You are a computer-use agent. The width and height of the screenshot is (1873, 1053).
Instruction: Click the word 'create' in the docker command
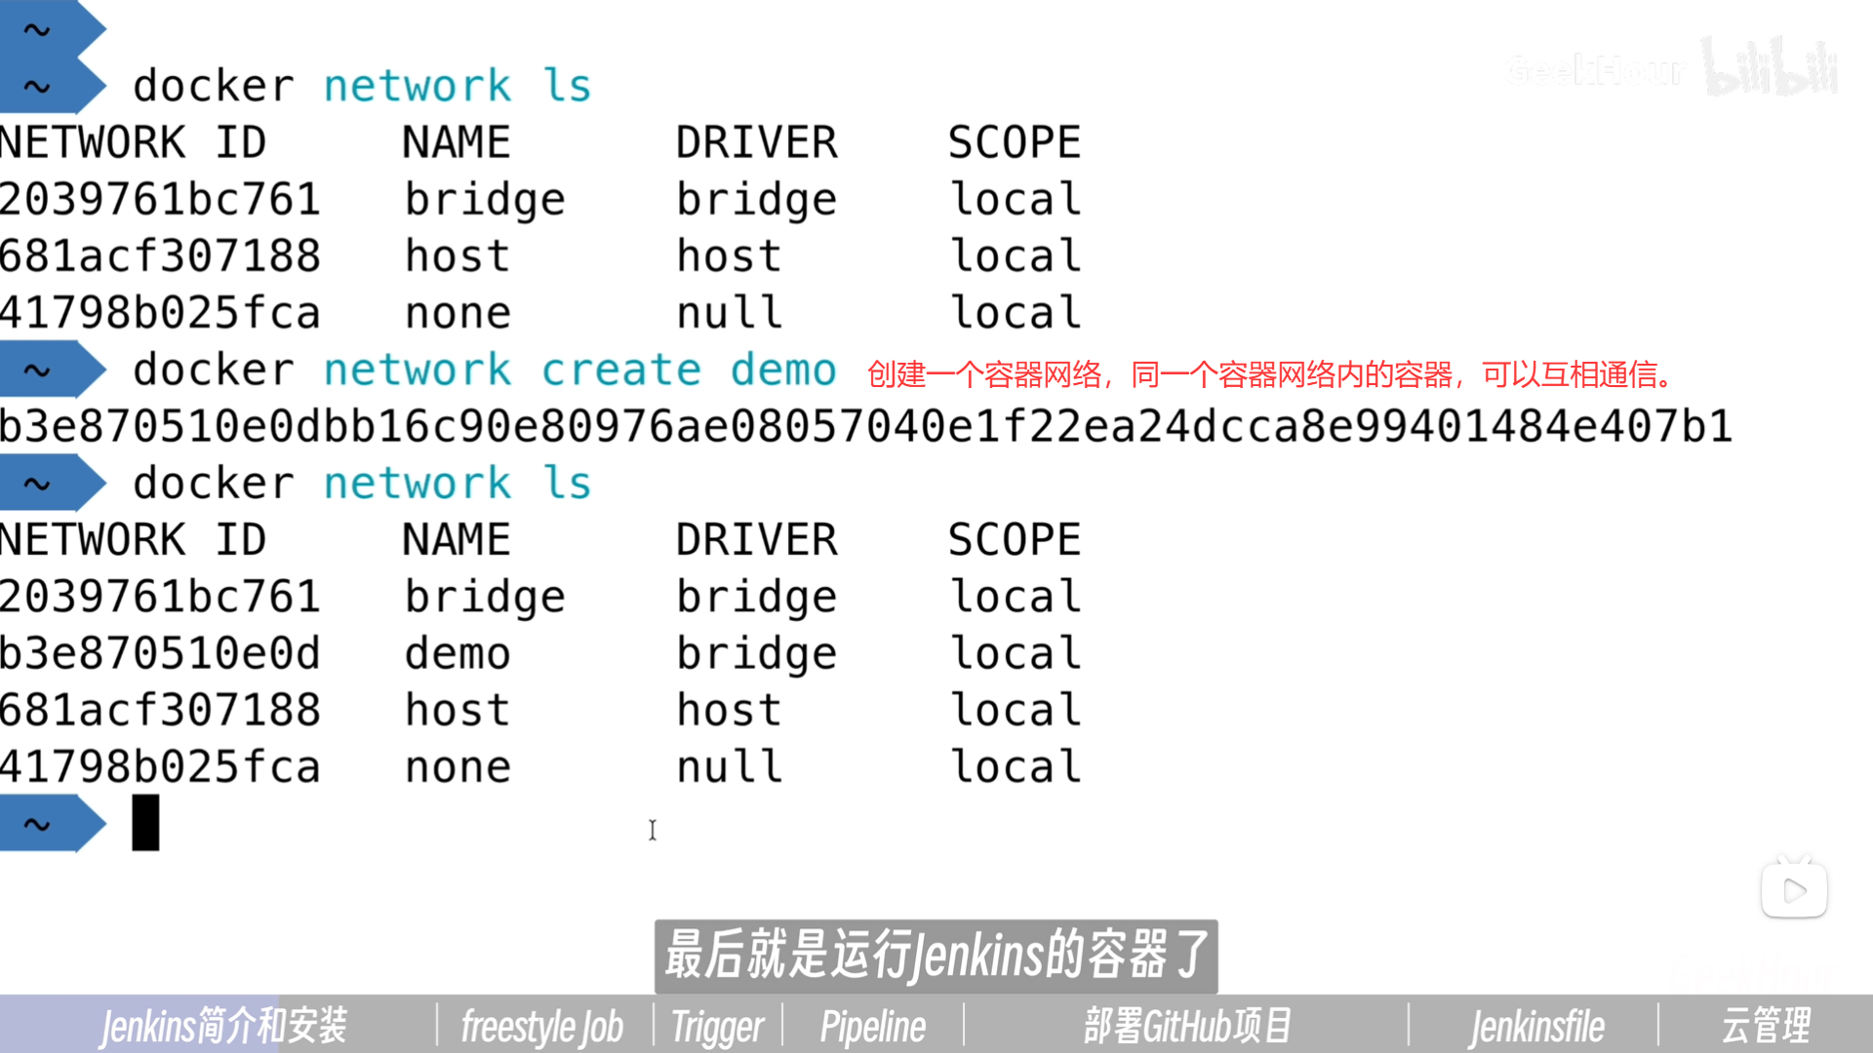pos(620,370)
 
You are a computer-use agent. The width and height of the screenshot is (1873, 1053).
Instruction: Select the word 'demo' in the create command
pos(783,370)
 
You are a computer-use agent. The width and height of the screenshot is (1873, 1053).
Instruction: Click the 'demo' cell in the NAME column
pos(458,653)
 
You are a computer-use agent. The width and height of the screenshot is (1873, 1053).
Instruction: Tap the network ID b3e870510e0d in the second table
pos(160,653)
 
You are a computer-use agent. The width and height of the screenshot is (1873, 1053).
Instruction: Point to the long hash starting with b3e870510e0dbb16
pos(865,427)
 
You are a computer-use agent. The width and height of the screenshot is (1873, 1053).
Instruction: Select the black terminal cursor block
pos(145,823)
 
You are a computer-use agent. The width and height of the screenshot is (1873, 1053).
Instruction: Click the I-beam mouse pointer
pos(653,830)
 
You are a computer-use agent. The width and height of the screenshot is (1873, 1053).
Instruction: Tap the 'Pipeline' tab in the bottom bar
pos(872,1026)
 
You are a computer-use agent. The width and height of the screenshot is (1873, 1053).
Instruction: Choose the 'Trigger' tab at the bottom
pos(717,1026)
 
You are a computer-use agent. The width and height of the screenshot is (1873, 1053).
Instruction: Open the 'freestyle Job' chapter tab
pos(541,1026)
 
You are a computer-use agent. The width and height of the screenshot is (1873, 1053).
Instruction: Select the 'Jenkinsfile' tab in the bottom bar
pos(1536,1026)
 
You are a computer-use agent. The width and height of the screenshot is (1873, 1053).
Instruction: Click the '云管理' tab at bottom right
pos(1766,1026)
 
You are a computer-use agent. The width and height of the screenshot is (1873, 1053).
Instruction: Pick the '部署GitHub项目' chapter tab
pos(1187,1026)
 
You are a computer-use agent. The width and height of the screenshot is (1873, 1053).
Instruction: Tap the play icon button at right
pos(1794,890)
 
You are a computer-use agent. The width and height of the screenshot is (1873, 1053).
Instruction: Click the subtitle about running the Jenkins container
pos(936,955)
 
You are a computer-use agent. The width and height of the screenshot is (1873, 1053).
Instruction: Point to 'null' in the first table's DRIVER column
pos(729,313)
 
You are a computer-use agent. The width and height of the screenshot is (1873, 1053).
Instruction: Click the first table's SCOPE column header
pos(1015,143)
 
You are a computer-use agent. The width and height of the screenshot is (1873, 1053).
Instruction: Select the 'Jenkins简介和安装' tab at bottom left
pos(223,1026)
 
